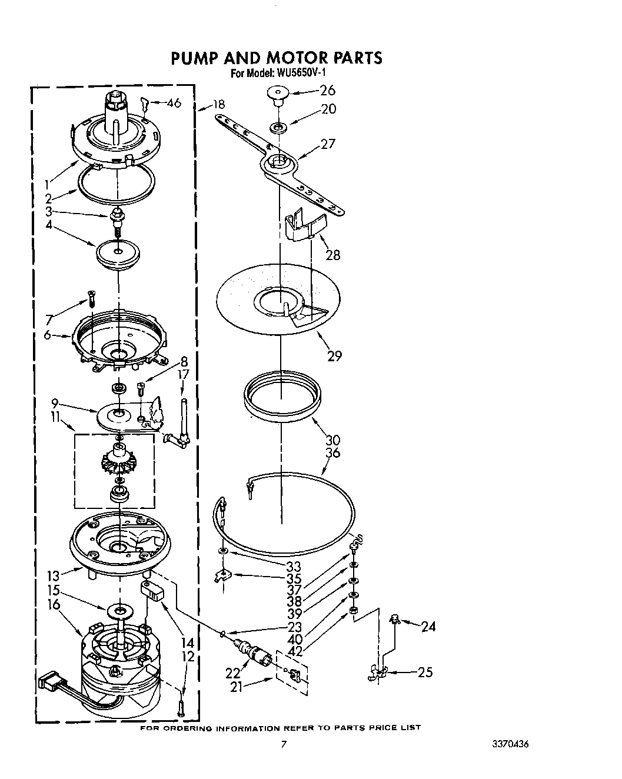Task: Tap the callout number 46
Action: coord(174,104)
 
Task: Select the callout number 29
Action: coord(334,355)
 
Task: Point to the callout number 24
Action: coord(428,627)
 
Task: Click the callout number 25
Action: coord(425,671)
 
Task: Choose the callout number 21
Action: coord(237,686)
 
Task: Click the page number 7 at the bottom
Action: coord(284,744)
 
